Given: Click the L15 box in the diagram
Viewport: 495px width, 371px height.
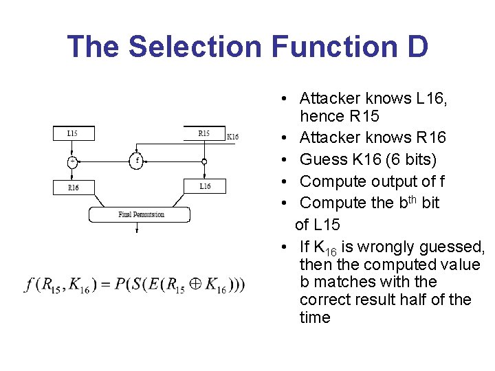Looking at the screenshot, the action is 74,133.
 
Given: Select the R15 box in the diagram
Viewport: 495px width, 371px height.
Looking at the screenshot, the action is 205,133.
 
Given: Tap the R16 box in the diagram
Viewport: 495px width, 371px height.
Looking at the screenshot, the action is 74,188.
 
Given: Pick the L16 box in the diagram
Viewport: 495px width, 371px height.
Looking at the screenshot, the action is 205,186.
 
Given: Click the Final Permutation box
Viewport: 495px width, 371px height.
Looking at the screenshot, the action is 140,214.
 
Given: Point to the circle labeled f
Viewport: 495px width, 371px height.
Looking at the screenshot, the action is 136,161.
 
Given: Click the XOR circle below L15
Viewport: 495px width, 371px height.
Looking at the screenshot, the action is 72,162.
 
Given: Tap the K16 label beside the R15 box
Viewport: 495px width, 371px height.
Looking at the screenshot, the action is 232,137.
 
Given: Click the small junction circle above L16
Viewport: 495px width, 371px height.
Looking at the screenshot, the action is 204,162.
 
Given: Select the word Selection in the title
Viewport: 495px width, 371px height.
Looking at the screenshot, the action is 195,47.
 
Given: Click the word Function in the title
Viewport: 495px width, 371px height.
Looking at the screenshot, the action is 334,47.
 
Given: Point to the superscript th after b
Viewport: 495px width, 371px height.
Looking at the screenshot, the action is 412,200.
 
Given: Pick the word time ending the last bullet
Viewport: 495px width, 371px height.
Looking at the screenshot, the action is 315,317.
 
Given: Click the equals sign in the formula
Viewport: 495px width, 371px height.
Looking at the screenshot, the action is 104,284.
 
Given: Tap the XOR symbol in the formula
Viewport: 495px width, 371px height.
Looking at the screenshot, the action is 195,284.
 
